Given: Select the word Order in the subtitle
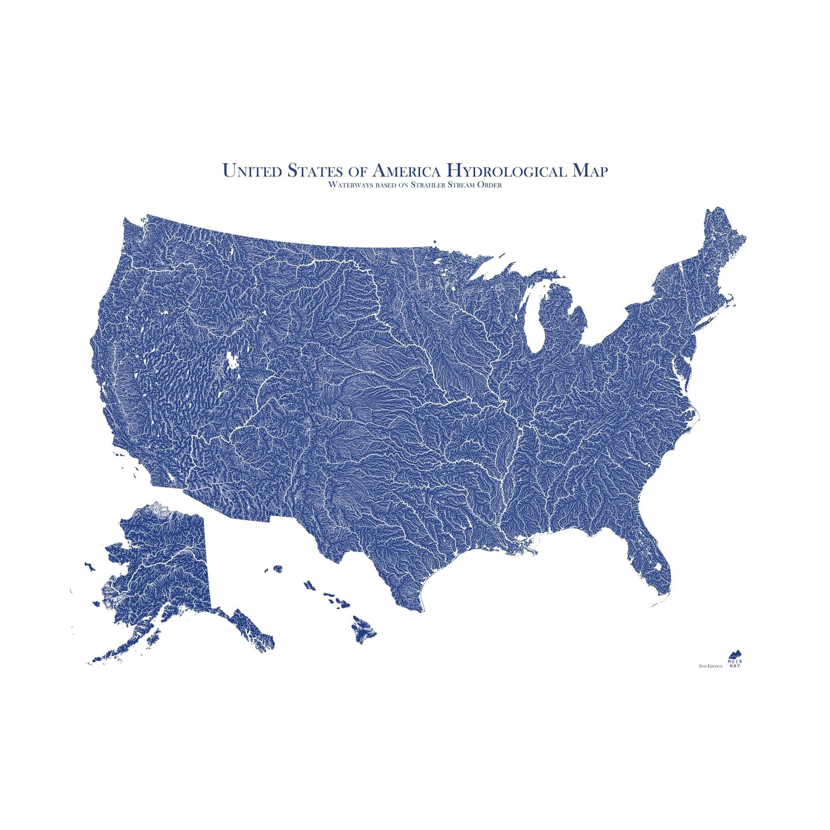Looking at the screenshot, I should (491, 186).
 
